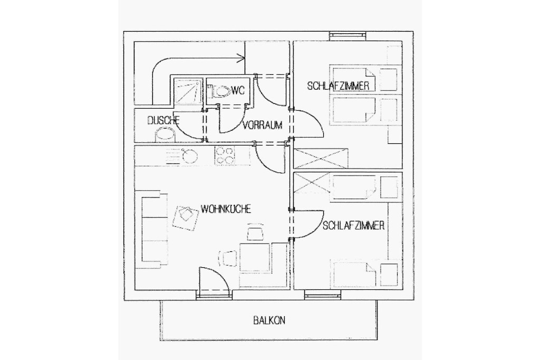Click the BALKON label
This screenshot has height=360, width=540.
[269, 320]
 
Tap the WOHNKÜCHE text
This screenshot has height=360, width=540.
[226, 209]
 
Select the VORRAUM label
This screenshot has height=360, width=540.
[263, 125]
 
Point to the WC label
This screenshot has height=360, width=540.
[238, 91]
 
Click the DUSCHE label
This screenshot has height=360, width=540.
[163, 121]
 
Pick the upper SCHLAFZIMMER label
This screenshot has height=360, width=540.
[338, 86]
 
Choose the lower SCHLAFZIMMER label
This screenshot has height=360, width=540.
[354, 226]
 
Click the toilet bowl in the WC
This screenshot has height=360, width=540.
[221, 92]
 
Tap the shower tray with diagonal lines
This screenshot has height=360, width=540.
[187, 91]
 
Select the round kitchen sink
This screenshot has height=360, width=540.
[190, 156]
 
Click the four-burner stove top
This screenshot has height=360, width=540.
[225, 155]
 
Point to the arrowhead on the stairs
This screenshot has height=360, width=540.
[240, 58]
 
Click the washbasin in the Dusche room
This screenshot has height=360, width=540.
[165, 134]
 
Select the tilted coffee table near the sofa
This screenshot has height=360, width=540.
[185, 217]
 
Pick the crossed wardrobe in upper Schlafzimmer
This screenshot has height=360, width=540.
[321, 158]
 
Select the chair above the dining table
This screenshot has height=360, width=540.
[255, 231]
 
